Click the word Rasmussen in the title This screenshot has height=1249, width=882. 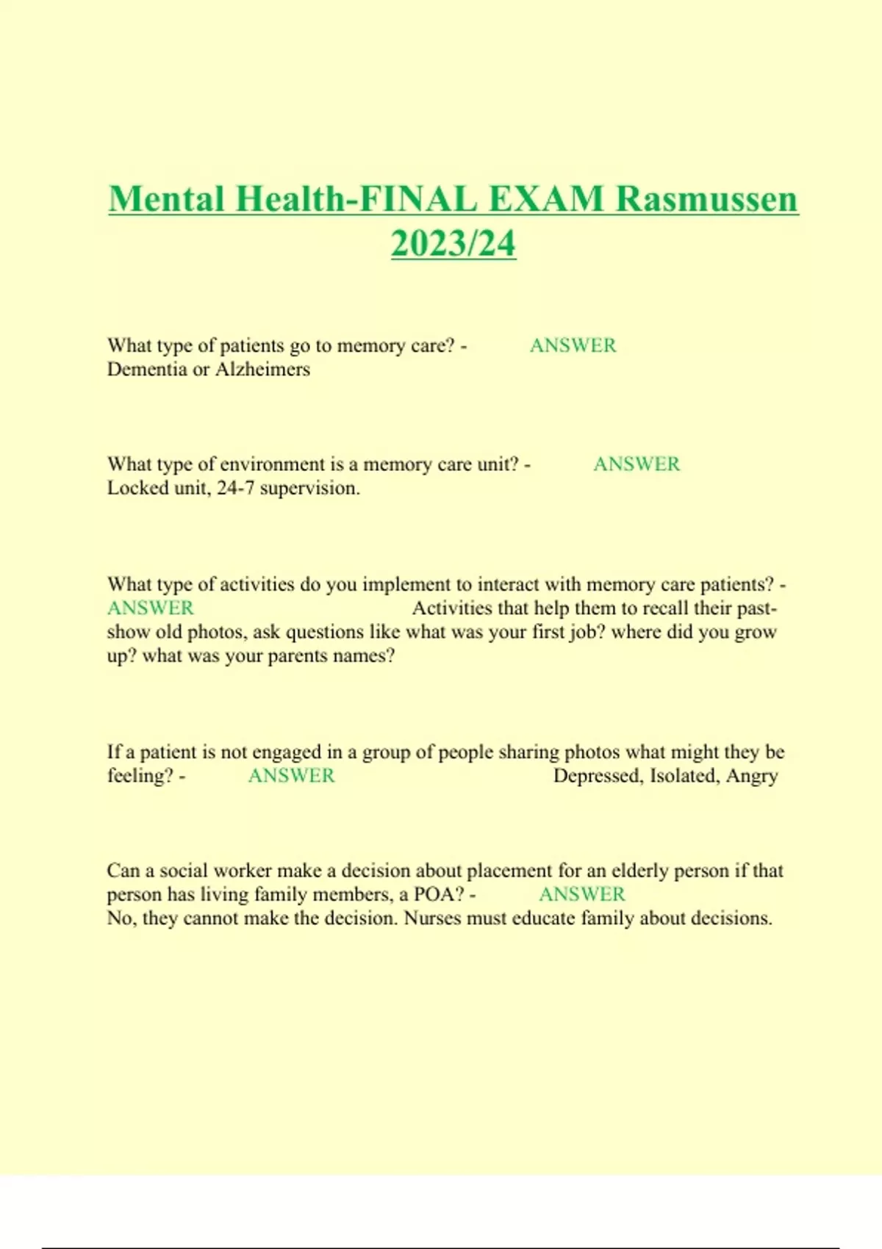(706, 199)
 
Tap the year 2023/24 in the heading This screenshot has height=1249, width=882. (453, 243)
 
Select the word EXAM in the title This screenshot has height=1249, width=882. (546, 199)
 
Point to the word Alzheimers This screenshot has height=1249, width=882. (262, 369)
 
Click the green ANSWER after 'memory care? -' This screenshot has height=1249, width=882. (573, 345)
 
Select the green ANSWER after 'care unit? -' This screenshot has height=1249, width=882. (637, 464)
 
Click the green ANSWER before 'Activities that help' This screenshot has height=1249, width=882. (151, 608)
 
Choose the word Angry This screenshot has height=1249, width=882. (752, 777)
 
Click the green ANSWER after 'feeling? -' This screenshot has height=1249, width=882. (291, 776)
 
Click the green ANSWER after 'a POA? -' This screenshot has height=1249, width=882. (582, 894)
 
